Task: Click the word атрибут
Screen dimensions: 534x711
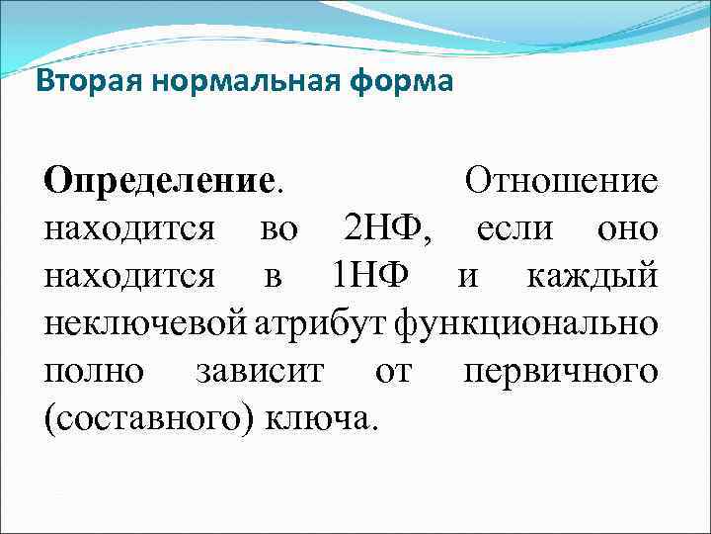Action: click(x=323, y=323)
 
